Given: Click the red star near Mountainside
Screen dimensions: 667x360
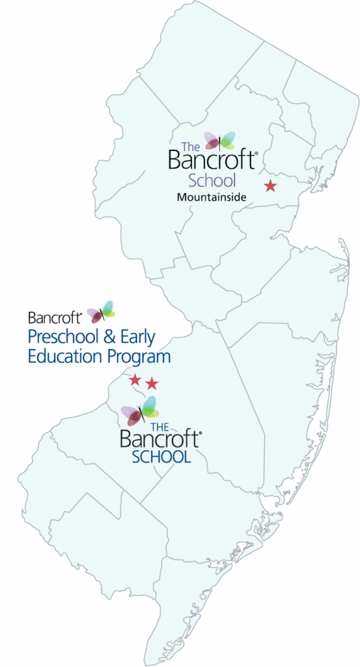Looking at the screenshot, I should [270, 186].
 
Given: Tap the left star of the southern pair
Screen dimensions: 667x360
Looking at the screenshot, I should [135, 379].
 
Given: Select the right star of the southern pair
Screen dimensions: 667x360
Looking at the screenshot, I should [152, 383].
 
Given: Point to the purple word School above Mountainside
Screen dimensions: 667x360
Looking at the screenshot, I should [212, 180].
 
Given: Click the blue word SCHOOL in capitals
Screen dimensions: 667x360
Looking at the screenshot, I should [161, 457].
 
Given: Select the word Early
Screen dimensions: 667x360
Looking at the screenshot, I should [139, 337].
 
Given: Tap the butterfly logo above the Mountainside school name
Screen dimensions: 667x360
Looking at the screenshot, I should [219, 140].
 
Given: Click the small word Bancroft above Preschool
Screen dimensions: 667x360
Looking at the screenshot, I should [54, 317].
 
